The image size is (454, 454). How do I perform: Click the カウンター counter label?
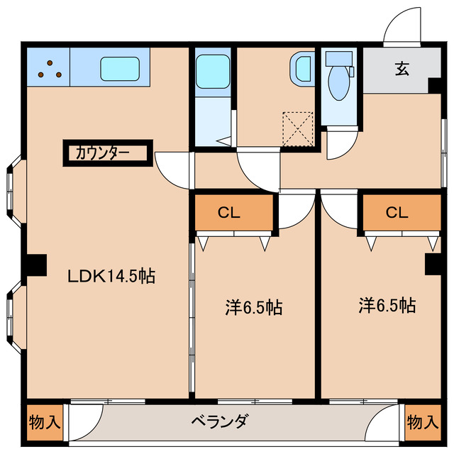(102, 153)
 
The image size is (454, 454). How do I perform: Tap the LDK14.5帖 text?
(111, 276)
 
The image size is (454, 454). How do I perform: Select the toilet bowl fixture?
(339, 84)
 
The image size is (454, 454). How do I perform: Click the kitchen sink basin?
(120, 69)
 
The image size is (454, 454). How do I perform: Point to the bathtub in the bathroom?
(213, 71)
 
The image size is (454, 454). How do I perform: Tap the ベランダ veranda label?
(220, 421)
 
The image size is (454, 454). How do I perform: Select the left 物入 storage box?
(45, 423)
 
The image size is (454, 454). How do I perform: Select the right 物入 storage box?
(423, 423)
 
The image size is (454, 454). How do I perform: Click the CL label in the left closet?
(228, 213)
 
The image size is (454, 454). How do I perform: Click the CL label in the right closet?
(397, 213)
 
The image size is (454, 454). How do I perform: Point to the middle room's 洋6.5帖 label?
(254, 307)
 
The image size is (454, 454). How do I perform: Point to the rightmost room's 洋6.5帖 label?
(387, 305)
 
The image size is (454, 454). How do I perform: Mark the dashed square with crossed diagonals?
(298, 129)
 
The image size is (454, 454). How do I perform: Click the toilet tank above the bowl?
(339, 59)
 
